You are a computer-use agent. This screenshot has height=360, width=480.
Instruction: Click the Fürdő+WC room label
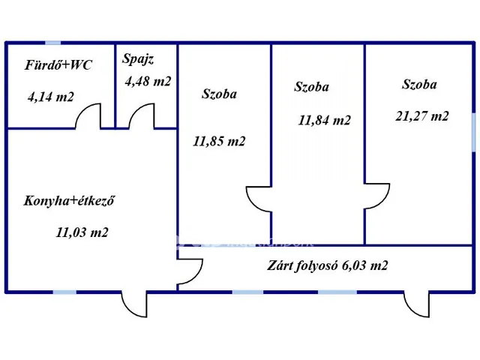pyautogui.click(x=58, y=65)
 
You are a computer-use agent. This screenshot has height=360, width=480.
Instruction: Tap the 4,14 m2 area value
pyautogui.click(x=50, y=96)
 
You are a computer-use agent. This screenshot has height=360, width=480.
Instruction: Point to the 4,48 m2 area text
pyautogui.click(x=147, y=81)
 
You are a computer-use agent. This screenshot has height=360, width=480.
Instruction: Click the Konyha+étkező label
pyautogui.click(x=69, y=201)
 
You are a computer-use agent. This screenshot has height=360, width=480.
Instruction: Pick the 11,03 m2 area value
pyautogui.click(x=82, y=232)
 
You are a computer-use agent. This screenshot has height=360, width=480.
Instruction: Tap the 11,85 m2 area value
pyautogui.click(x=219, y=140)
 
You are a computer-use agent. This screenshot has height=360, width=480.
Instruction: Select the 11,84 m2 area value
pyautogui.click(x=324, y=119)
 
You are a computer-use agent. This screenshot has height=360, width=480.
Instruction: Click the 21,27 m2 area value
pyautogui.click(x=422, y=115)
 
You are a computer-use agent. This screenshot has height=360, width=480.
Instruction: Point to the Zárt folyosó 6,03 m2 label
pyautogui.click(x=328, y=265)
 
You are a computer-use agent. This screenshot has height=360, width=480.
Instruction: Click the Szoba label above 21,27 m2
pyautogui.click(x=419, y=85)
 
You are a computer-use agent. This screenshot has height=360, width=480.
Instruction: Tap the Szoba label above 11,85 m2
pyautogui.click(x=219, y=94)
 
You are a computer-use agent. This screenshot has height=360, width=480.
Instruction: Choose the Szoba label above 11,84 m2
pyautogui.click(x=312, y=87)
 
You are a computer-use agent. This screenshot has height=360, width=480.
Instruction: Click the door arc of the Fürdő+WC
pyautogui.click(x=90, y=117)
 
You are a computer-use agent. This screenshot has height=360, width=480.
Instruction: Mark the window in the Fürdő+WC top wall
pyautogui.click(x=52, y=43)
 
